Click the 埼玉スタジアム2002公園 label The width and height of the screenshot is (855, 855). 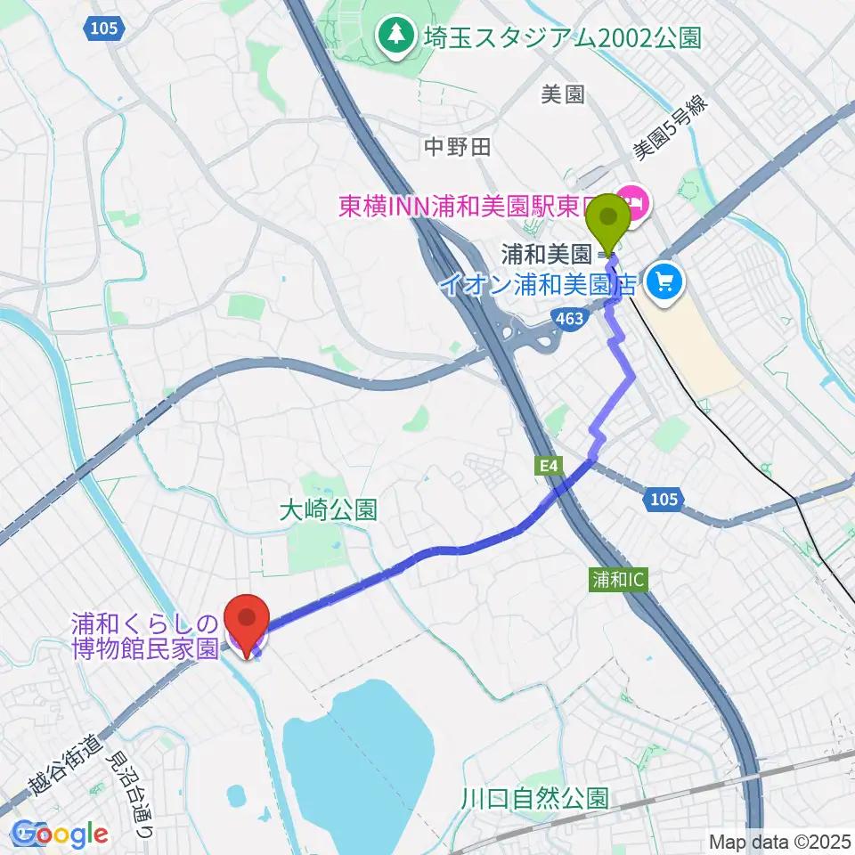(564, 37)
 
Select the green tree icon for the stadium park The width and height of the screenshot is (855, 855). (394, 36)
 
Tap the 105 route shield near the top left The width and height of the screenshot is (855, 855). (103, 29)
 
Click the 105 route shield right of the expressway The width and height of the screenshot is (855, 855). (664, 501)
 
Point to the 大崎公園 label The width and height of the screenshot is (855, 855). (328, 509)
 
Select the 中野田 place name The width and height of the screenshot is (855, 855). (457, 147)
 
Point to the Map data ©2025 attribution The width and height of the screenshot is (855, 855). (779, 841)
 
